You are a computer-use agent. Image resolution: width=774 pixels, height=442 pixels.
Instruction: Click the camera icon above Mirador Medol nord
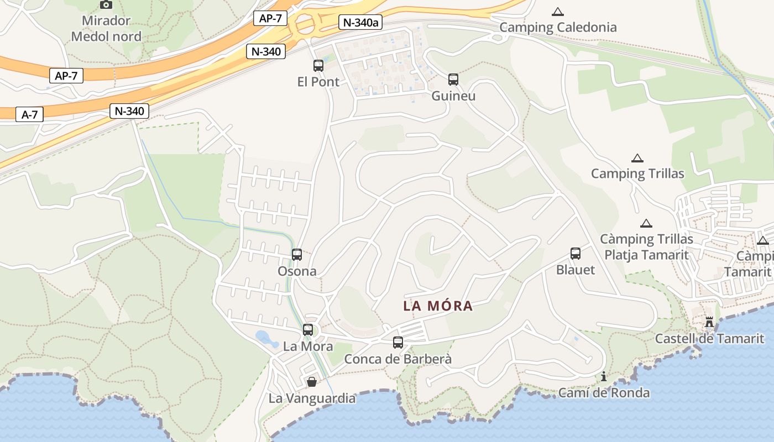[106, 4]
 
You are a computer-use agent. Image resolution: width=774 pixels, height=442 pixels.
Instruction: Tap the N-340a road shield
[360, 23]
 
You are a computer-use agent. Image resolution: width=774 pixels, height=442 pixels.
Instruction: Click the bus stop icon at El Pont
[318, 66]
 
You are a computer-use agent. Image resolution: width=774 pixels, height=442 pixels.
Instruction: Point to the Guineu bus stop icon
[453, 80]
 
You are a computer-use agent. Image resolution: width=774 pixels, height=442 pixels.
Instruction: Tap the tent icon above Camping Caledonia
[558, 12]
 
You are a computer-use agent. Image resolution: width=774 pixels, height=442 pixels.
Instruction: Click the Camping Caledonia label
[558, 27]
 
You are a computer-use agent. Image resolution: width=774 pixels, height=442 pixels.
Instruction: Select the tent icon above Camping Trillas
[637, 159]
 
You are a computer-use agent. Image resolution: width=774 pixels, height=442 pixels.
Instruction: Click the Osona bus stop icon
[297, 255]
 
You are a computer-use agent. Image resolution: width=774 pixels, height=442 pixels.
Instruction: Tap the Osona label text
[297, 271]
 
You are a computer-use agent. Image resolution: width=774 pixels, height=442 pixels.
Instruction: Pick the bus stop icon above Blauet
[576, 254]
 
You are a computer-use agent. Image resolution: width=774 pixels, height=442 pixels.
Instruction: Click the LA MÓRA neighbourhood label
[438, 306]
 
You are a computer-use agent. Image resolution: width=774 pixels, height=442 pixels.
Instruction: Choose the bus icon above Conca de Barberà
[398, 343]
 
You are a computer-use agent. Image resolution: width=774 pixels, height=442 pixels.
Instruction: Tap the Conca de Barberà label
[398, 359]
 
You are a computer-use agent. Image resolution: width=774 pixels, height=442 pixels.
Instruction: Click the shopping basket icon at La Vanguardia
[312, 382]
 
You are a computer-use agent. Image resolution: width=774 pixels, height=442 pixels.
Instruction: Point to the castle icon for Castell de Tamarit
[709, 322]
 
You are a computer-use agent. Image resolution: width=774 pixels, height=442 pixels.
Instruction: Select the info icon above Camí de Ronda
[604, 377]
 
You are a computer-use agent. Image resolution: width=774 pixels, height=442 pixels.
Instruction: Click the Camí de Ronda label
[604, 393]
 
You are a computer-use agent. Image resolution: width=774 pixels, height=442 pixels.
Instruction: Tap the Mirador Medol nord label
[106, 29]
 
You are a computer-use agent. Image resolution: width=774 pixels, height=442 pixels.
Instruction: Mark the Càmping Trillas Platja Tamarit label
[646, 247]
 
